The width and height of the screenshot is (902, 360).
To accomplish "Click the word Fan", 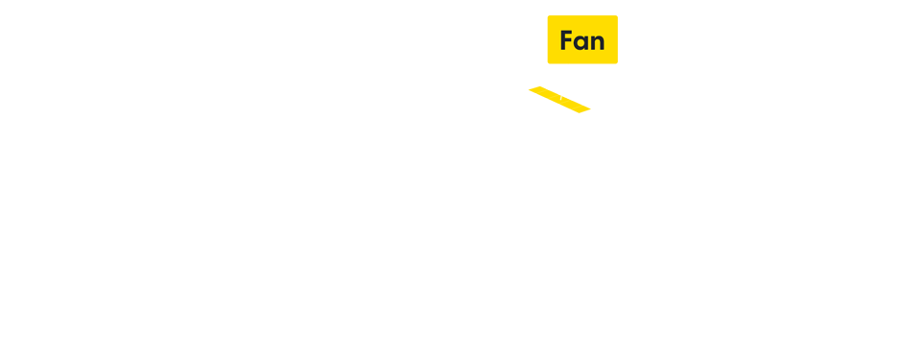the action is click(582, 40).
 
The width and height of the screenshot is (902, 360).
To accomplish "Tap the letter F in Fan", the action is click(566, 40).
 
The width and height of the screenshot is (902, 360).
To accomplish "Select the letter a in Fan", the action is click(582, 43).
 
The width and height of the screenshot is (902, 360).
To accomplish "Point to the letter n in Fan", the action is click(597, 43).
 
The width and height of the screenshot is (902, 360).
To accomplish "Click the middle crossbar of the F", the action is click(567, 40).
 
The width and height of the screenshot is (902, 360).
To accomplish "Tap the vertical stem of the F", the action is click(562, 40).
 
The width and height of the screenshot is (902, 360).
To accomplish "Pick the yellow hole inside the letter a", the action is click(582, 44).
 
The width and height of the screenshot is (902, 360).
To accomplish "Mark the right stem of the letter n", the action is click(602, 45).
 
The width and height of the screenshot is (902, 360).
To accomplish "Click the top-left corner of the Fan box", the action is click(548, 15).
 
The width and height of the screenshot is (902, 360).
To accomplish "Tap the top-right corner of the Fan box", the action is click(617, 15).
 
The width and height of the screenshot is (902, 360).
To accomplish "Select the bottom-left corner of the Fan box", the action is click(548, 63).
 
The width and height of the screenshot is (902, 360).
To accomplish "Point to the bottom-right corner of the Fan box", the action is click(617, 63).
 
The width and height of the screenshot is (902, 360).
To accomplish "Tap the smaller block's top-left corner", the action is click(529, 87).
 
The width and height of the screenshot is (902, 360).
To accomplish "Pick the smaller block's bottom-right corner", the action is click(590, 112).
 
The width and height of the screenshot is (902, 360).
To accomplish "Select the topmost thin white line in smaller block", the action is click(548, 89).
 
